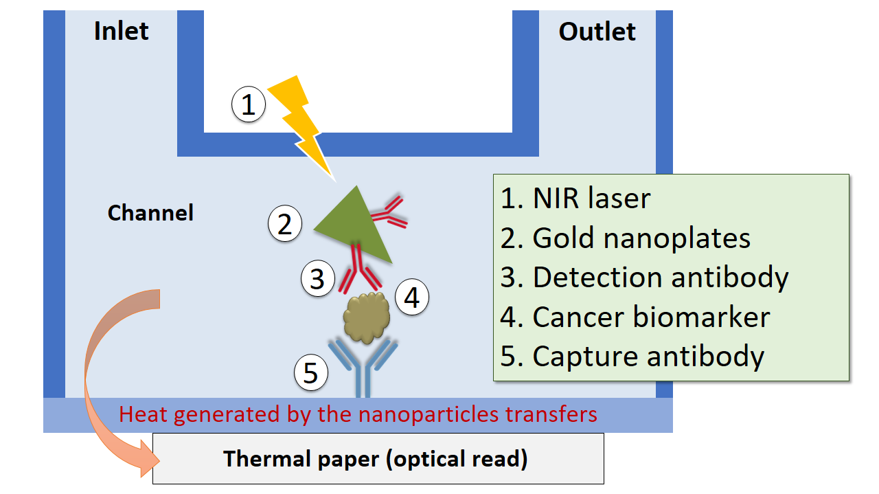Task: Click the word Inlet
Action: click(x=122, y=31)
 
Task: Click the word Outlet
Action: click(x=597, y=32)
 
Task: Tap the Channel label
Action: click(x=150, y=213)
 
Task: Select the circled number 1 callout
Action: click(x=249, y=104)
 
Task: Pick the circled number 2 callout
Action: click(x=285, y=223)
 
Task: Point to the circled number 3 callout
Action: click(x=318, y=278)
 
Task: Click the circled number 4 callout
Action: click(x=411, y=297)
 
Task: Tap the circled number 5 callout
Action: click(x=311, y=372)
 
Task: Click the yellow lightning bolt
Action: click(x=303, y=126)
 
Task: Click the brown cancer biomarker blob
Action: click(x=367, y=317)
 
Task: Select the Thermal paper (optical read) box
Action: click(x=378, y=459)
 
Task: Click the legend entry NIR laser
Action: click(x=575, y=198)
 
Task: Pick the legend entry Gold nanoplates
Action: click(x=626, y=238)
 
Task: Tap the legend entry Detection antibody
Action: click(x=644, y=278)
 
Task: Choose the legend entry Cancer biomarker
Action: click(x=635, y=317)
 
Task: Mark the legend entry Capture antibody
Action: click(x=632, y=357)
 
